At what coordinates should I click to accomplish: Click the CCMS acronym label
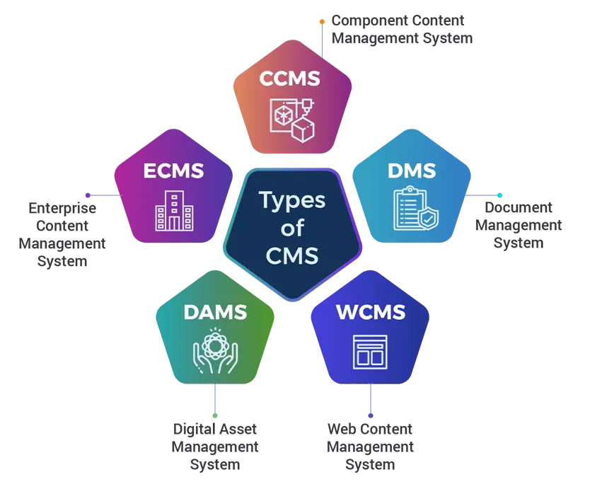point(290,78)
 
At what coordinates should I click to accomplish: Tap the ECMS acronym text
point(173,171)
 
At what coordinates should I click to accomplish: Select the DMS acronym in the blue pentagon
point(411,171)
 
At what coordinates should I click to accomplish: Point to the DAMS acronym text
point(214,311)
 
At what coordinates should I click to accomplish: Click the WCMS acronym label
point(371,311)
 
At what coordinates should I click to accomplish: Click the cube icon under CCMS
point(291,120)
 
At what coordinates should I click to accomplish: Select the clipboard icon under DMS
point(411,209)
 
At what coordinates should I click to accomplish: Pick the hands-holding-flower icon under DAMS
point(214,352)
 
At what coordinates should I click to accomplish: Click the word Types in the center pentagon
point(292,200)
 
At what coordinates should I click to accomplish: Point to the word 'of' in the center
point(292,228)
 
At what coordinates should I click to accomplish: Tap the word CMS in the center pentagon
point(292,255)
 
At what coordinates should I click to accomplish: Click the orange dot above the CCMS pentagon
point(322,21)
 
